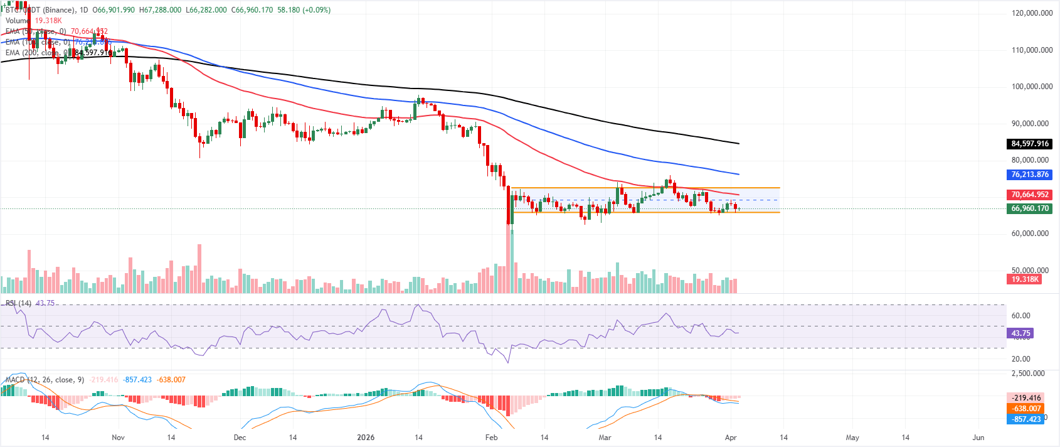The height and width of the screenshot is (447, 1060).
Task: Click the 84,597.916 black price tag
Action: tap(1029, 144)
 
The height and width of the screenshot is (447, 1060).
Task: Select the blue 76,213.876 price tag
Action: tap(1029, 175)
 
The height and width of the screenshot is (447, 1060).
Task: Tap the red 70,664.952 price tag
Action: tap(1029, 195)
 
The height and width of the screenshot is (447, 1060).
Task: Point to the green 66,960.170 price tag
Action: tap(1029, 208)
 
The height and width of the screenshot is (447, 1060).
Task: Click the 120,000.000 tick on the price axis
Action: tap(1032, 13)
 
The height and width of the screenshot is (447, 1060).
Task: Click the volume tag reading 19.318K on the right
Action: tap(1024, 279)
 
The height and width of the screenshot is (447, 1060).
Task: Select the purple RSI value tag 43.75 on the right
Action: tap(1020, 333)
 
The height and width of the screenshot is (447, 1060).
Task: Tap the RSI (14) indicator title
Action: tap(19, 303)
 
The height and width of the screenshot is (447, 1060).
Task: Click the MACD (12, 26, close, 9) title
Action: tap(45, 380)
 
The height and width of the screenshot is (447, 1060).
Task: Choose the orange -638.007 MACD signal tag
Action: tap(1026, 409)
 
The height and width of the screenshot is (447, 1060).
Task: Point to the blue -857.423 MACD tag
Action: tap(1026, 419)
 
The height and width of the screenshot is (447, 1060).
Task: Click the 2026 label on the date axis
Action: tap(366, 438)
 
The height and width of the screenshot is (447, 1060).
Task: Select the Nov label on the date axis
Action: tap(118, 438)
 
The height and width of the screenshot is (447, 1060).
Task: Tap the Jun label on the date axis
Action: tap(978, 438)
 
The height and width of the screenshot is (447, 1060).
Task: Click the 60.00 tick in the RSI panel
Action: tap(1020, 316)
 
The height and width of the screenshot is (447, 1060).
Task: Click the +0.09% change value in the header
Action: tap(317, 10)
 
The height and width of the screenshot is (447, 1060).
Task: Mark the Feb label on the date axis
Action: tap(491, 438)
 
